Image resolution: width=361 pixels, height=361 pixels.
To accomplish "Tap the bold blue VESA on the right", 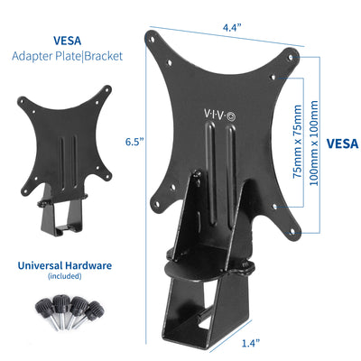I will tap(340, 142).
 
